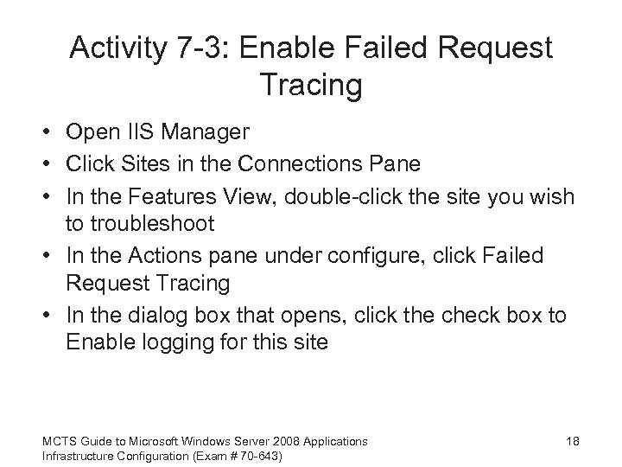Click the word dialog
[150, 316]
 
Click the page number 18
[571, 442]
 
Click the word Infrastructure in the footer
[77, 455]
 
